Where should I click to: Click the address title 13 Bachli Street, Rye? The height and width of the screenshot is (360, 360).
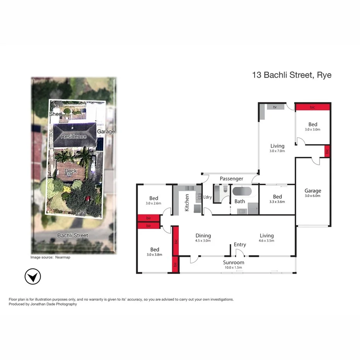pyautogui.click(x=292, y=75)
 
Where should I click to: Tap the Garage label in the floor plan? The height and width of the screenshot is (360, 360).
pyautogui.click(x=312, y=190)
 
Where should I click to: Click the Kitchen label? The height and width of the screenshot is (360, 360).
pyautogui.click(x=187, y=202)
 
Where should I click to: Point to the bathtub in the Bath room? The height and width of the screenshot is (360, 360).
pyautogui.click(x=241, y=191)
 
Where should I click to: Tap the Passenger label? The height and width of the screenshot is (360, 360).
pyautogui.click(x=231, y=178)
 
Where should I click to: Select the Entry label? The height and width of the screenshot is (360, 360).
pyautogui.click(x=240, y=245)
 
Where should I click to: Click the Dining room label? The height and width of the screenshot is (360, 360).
pyautogui.click(x=203, y=235)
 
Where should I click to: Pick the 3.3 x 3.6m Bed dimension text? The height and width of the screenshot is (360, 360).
pyautogui.click(x=277, y=202)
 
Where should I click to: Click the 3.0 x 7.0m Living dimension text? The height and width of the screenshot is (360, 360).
pyautogui.click(x=277, y=151)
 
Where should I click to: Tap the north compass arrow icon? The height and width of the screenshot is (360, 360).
pyautogui.click(x=33, y=277)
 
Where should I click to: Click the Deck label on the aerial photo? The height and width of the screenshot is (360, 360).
pyautogui.click(x=70, y=171)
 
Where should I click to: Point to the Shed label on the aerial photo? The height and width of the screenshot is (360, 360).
pyautogui.click(x=56, y=114)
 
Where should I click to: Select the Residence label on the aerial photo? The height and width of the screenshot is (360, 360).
pyautogui.click(x=73, y=136)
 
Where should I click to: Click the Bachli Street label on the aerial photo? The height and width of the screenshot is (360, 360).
pyautogui.click(x=72, y=235)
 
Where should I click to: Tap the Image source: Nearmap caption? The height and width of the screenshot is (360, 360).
pyautogui.click(x=51, y=257)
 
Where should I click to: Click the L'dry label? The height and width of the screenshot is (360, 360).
pyautogui.click(x=207, y=197)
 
